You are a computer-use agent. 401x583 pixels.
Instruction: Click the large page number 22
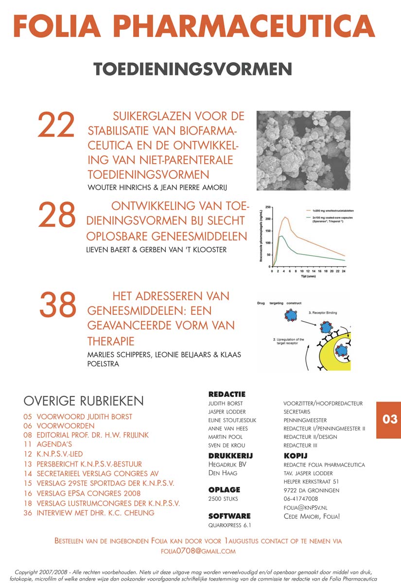pyautogui.click(x=56, y=125)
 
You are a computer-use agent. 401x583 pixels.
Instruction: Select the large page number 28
pyautogui.click(x=57, y=215)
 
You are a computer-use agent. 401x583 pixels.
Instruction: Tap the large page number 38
pyautogui.click(x=58, y=305)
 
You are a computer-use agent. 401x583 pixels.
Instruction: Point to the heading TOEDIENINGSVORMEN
pyautogui.click(x=192, y=69)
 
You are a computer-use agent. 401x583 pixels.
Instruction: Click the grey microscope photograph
pyautogui.click(x=303, y=151)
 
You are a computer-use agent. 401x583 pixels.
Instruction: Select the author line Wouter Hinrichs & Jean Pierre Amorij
pyautogui.click(x=164, y=187)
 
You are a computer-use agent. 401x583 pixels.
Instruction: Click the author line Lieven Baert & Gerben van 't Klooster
pyautogui.click(x=157, y=250)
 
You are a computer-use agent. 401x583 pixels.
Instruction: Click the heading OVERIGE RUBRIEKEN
pyautogui.click(x=84, y=401)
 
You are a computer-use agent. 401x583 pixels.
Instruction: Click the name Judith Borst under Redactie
pyautogui.click(x=226, y=403)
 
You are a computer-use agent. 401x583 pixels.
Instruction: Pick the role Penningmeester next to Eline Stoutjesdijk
pyautogui.click(x=305, y=420)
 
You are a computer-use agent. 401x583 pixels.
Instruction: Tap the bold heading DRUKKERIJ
pyautogui.click(x=230, y=456)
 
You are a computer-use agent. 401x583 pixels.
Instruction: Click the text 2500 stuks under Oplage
pyautogui.click(x=223, y=499)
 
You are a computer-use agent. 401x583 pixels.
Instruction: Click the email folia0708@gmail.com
pyautogui.click(x=198, y=551)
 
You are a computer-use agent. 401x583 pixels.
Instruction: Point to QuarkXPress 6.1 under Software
pyautogui.click(x=230, y=525)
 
